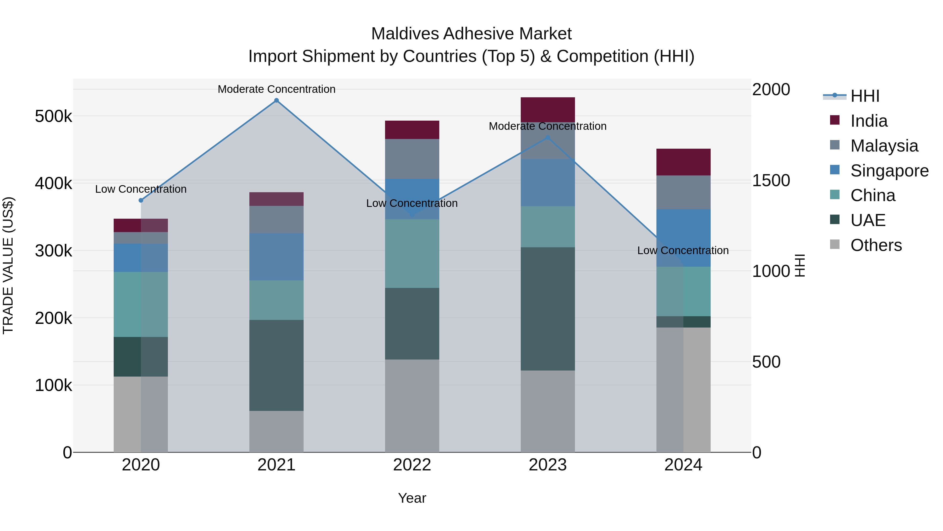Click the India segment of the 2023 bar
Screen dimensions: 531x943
(548, 110)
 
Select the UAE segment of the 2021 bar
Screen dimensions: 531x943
(276, 365)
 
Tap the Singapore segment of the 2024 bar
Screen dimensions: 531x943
(683, 238)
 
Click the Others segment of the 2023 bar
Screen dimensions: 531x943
(548, 411)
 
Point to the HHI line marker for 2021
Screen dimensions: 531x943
(276, 100)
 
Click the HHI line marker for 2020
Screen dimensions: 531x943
(141, 200)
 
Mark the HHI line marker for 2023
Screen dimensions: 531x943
(548, 138)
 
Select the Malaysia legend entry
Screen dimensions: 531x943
(884, 146)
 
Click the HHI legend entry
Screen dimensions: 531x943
(864, 96)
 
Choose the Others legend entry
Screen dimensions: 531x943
(876, 245)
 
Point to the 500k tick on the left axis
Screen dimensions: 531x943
(53, 116)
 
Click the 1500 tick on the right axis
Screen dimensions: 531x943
(771, 180)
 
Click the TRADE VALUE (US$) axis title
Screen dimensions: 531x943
(8, 265)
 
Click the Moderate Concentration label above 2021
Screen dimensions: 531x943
(276, 89)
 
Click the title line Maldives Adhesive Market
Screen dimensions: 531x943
(471, 34)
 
